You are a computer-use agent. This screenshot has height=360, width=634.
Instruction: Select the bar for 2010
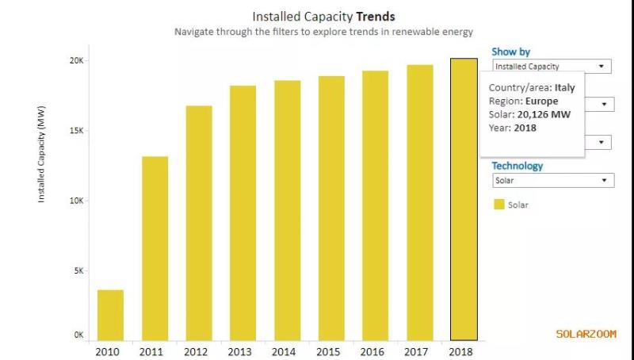[110, 315]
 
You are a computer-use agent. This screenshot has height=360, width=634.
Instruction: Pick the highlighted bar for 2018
[464, 199]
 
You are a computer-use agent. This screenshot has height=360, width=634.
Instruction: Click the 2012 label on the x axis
[198, 350]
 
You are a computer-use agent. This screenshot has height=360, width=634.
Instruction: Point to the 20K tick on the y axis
[77, 61]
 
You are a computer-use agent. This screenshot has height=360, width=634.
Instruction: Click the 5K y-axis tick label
[78, 270]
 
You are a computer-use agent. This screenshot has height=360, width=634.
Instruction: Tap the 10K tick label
[77, 201]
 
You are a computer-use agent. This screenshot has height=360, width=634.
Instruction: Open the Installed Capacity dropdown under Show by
[552, 67]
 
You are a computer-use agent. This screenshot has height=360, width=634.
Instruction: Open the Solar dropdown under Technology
[552, 181]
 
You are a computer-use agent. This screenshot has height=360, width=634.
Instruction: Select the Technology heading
[517, 166]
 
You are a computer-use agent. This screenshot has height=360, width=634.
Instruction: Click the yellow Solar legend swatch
[499, 205]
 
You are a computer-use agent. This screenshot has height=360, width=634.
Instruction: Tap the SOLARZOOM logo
[586, 334]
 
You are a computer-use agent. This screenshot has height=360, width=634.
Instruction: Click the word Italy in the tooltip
[564, 88]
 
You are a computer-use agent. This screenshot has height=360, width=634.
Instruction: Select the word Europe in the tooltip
[543, 101]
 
